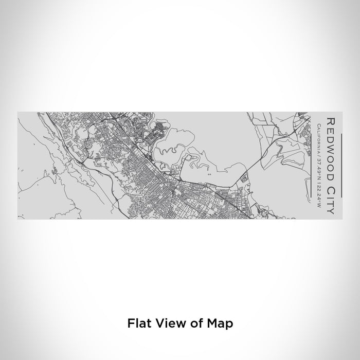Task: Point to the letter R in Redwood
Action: coord(330,121)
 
